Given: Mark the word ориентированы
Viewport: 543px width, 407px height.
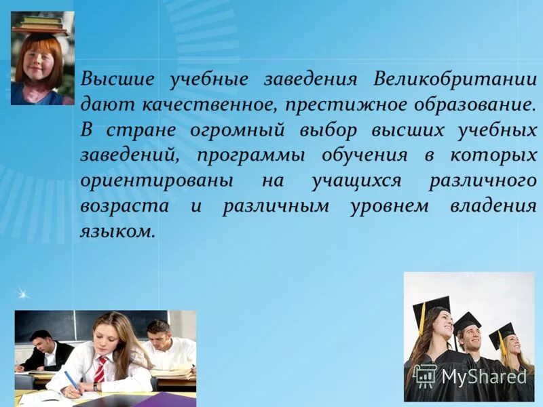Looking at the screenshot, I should click(x=157, y=181).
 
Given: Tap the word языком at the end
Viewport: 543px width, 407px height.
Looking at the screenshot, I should click(x=117, y=231).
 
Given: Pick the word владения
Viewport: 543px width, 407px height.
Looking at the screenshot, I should click(x=493, y=206).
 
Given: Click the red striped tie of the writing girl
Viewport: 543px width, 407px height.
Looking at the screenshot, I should click(x=100, y=370).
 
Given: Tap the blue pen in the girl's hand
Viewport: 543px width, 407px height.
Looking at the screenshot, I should click(x=71, y=380).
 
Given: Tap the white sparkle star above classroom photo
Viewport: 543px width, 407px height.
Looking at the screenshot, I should click(x=22, y=294).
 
